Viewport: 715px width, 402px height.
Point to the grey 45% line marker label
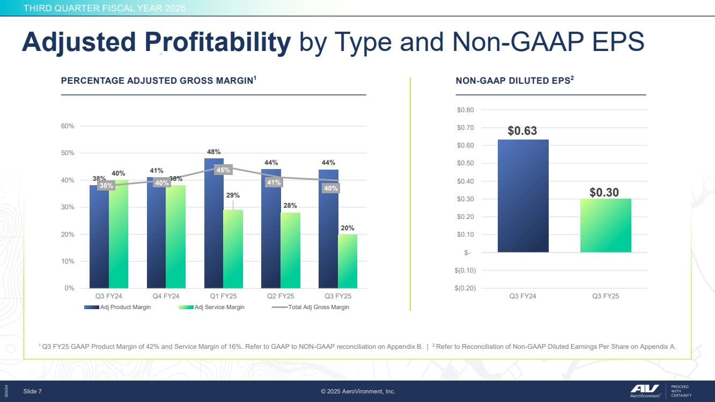coord(223,170)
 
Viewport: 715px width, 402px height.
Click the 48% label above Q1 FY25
coord(213,152)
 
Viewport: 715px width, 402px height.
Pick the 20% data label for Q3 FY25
coord(348,228)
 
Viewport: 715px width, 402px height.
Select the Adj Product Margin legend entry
coord(117,307)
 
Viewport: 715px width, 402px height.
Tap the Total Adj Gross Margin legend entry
coord(311,307)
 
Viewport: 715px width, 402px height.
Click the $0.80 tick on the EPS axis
coord(465,110)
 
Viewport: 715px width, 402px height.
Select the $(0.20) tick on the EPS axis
coord(464,288)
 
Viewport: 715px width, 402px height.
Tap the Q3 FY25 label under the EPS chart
coord(606,296)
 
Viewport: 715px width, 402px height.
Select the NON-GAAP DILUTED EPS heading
coord(514,81)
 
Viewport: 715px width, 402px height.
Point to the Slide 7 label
coord(33,391)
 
